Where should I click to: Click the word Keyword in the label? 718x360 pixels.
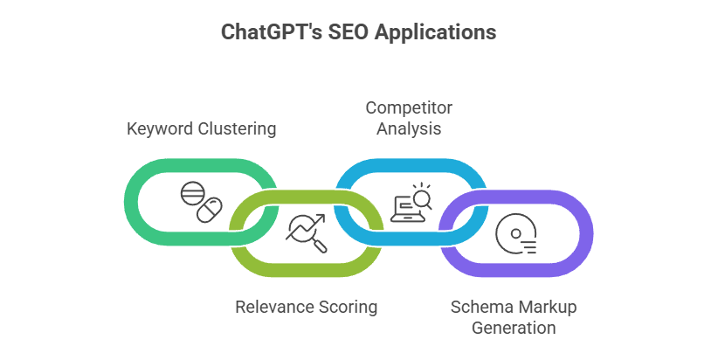click(158, 129)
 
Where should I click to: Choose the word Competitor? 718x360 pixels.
click(408, 107)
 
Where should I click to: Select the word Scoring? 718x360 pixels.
click(348, 307)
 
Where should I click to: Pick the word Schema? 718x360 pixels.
click(477, 308)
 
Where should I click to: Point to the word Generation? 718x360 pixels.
click(514, 329)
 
